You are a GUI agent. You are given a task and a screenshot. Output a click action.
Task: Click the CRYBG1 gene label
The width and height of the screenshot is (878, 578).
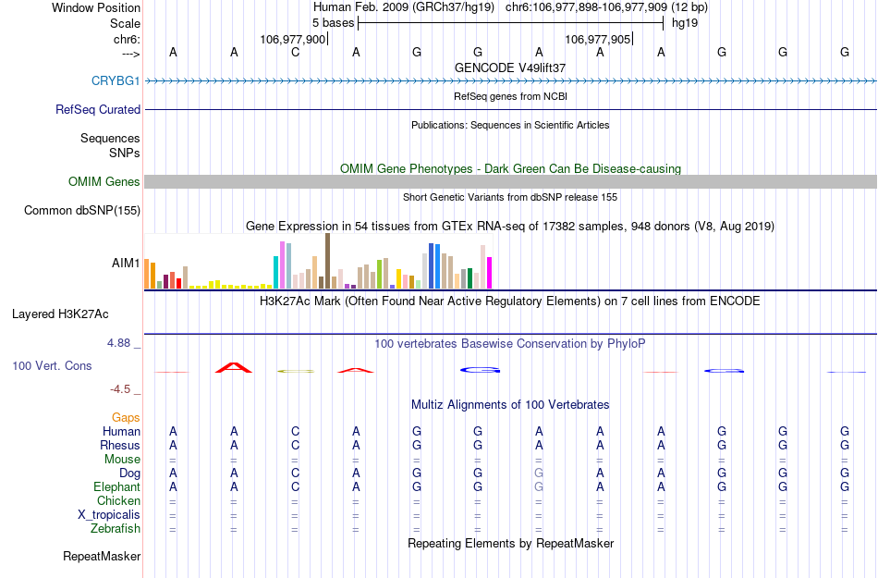[x=116, y=80]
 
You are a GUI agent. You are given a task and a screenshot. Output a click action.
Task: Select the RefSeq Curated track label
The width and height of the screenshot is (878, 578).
[x=98, y=109]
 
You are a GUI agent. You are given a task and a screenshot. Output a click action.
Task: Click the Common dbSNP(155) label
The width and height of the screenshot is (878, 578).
[x=82, y=211]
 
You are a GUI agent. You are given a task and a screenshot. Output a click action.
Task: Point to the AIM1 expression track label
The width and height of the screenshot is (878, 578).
[x=126, y=264]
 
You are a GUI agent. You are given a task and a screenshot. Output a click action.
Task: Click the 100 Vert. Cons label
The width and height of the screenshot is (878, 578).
[x=52, y=366]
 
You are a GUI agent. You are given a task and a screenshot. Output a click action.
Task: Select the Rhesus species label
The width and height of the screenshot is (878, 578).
[x=120, y=445]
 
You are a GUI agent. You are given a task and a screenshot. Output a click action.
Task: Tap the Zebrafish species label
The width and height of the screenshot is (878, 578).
[x=116, y=529]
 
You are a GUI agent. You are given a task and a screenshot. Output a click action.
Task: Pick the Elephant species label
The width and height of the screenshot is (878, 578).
[x=116, y=486]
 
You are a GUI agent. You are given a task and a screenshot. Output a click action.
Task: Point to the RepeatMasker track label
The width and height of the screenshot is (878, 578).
[x=102, y=557]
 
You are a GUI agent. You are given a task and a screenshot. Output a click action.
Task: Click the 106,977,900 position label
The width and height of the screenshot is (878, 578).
[x=293, y=40]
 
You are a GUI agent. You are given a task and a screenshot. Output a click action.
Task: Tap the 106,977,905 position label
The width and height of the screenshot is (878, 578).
[x=597, y=40]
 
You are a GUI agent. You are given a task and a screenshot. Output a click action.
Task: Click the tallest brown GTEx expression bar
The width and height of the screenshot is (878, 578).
[x=327, y=261]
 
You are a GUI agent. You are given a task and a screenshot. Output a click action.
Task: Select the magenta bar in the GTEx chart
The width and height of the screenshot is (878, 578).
[x=490, y=272]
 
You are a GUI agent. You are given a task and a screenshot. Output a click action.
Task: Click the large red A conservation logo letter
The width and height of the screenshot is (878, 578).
[x=234, y=367]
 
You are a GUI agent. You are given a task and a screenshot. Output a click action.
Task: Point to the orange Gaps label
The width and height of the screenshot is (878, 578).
[x=126, y=417]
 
